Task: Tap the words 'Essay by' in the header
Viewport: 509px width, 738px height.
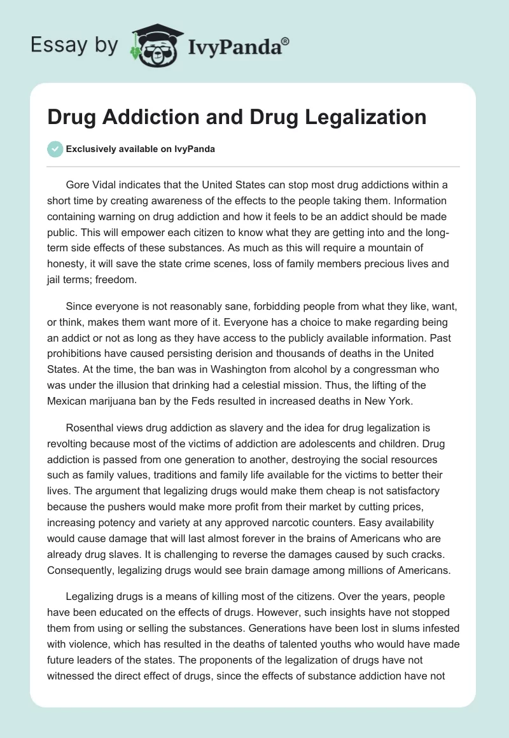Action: [74, 45]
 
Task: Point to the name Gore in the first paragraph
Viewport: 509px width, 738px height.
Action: [78, 185]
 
